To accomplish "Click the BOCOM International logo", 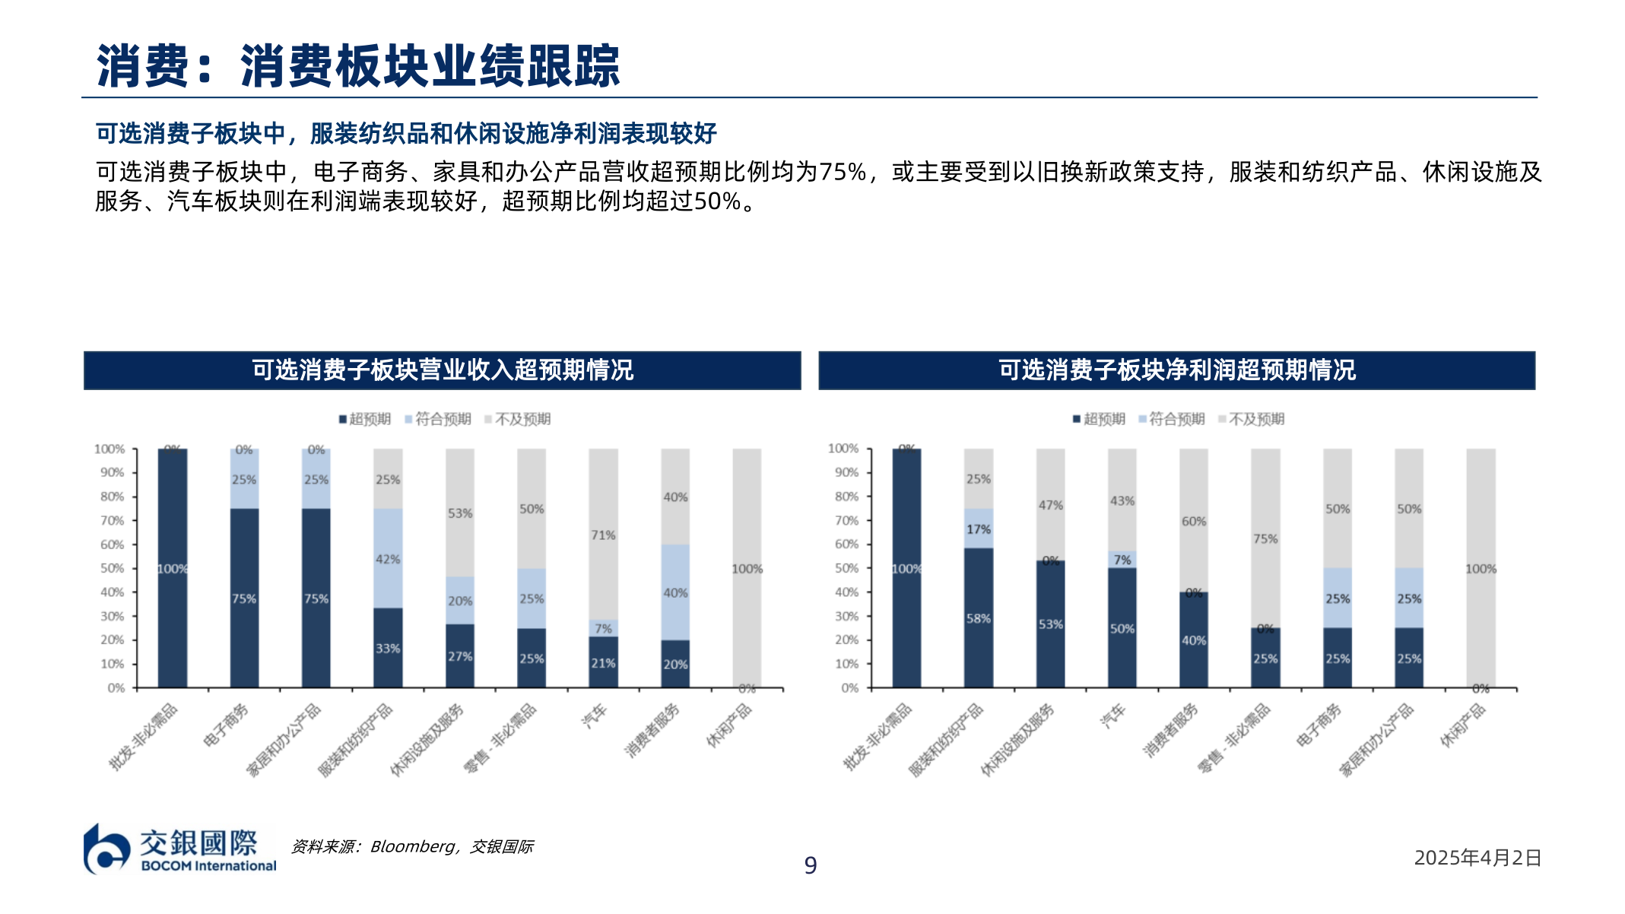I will [x=179, y=849].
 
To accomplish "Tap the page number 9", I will [x=811, y=865].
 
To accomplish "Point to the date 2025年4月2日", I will [x=1477, y=858].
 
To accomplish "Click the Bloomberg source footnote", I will [x=412, y=846].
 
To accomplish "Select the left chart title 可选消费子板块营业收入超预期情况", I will [x=442, y=370].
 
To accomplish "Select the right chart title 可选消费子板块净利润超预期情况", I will [x=1176, y=370].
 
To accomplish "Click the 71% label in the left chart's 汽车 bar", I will [x=603, y=535].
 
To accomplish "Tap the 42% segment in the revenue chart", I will [x=388, y=559].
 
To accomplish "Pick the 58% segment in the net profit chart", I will [x=978, y=618].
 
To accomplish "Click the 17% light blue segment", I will [x=978, y=529].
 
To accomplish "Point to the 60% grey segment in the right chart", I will [x=1193, y=522].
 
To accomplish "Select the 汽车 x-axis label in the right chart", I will [x=1112, y=716].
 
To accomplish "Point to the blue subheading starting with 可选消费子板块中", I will [x=406, y=133].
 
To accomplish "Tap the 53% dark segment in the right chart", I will [x=1050, y=624].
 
